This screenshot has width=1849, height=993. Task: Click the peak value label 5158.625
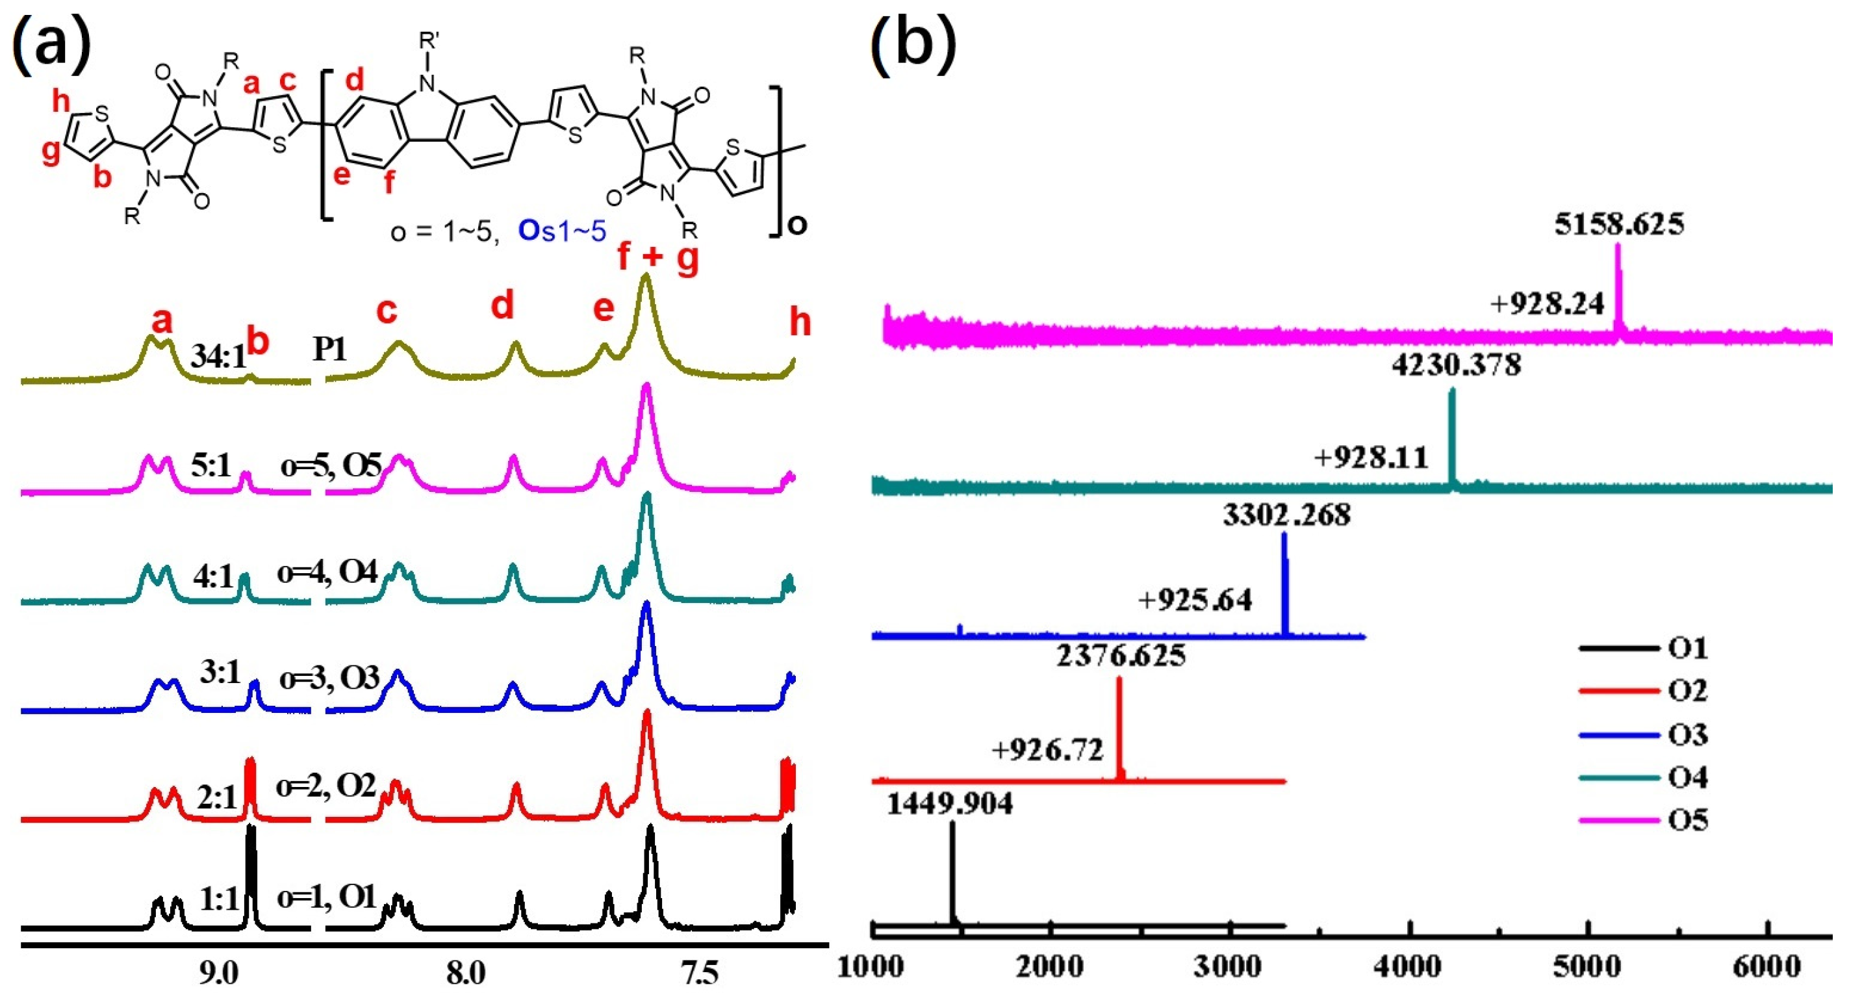pos(1619,225)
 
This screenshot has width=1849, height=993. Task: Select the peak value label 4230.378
pos(1457,365)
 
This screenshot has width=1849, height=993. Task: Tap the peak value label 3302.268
pos(1286,515)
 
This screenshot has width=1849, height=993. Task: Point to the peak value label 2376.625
pos(1121,656)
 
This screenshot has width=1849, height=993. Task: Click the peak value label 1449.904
pos(950,803)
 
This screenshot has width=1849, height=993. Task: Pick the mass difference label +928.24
pos(1547,304)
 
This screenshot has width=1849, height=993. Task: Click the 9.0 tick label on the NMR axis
pos(219,973)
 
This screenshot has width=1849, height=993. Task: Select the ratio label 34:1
pos(218,356)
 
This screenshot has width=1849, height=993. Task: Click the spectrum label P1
pos(329,350)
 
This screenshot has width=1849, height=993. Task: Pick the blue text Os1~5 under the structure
pos(562,231)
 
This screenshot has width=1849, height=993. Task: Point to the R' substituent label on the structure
pos(429,41)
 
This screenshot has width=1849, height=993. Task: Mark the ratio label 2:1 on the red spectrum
pos(216,797)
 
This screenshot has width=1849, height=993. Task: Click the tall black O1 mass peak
pos(952,876)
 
